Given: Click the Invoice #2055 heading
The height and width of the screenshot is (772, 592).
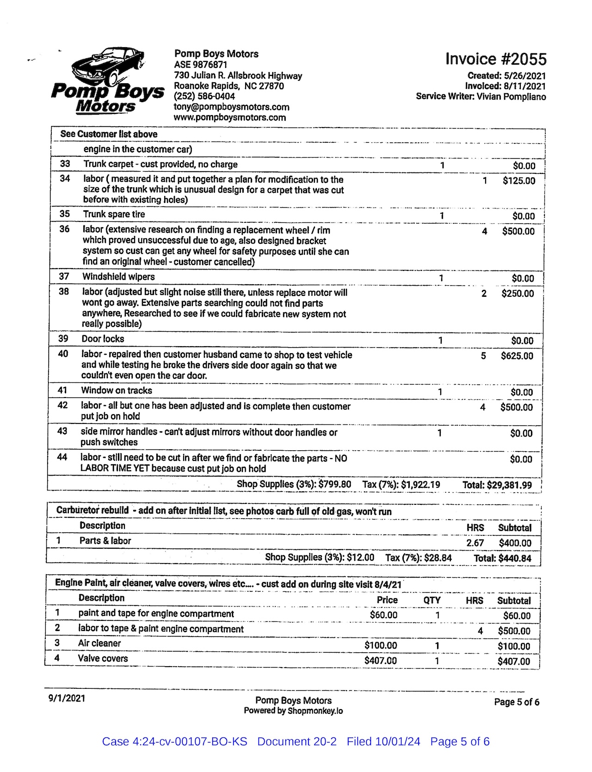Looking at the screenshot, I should point(496,59).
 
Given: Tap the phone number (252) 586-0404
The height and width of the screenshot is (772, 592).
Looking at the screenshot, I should point(204,96).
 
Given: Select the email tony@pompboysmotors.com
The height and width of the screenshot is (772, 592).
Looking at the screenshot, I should point(231,107).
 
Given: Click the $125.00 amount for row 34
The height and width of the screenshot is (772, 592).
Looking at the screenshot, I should point(519,181).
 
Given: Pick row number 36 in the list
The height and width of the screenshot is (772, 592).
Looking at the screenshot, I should point(64,229).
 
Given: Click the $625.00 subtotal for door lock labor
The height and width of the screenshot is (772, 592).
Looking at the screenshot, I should point(517,356).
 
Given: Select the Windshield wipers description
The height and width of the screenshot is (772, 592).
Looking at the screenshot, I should point(118,277).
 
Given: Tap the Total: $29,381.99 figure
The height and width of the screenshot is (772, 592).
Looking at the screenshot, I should point(497,485).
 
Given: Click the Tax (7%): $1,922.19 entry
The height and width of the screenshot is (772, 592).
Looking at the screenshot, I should point(401,484).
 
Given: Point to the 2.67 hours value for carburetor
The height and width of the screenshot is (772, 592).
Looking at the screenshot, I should point(475,543).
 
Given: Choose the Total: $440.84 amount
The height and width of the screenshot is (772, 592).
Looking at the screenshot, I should point(502,558).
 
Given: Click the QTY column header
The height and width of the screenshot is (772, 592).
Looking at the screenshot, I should point(432,600).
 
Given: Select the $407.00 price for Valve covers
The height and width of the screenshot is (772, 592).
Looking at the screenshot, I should point(381,661).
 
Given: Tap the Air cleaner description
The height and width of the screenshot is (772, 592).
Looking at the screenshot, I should point(99,643).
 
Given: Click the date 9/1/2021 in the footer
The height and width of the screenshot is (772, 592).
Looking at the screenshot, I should point(67,698).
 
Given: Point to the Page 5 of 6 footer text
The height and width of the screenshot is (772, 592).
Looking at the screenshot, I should point(517,702).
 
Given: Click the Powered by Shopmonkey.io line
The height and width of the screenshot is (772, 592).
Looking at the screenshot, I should point(293,711).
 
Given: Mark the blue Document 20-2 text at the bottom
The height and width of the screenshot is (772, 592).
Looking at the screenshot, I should point(297,741).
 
